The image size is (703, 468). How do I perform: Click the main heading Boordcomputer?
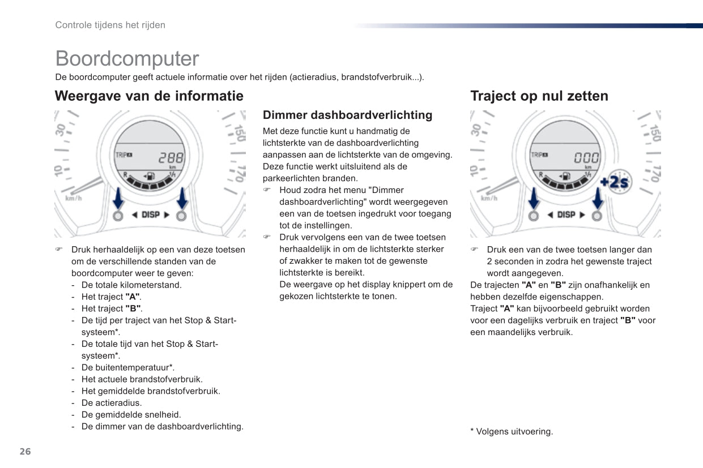point(127,59)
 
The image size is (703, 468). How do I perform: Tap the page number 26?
point(25,452)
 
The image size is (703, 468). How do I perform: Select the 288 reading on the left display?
point(171,158)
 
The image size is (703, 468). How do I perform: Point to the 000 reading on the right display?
point(586,158)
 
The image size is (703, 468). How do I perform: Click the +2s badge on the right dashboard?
point(616,182)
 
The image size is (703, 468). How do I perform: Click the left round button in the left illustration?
point(118,216)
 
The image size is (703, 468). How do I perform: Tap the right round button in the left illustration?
point(181,216)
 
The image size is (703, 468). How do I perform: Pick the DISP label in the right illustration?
point(566,214)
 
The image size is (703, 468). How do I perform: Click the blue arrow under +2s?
point(598,199)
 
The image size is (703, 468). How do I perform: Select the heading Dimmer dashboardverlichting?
point(347,115)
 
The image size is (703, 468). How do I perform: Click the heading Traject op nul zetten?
point(539,96)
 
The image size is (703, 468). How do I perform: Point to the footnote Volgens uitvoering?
point(512,432)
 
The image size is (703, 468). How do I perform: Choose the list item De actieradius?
point(112,403)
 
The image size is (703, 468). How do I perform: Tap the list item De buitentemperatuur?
point(127,367)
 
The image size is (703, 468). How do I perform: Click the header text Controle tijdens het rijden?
point(110,25)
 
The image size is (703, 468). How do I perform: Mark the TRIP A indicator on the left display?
point(124,155)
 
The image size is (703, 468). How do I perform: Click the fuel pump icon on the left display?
point(150,176)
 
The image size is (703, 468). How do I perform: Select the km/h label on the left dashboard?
point(74,198)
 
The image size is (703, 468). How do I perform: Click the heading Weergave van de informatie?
point(149,96)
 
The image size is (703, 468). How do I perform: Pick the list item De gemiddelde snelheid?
point(131,415)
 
